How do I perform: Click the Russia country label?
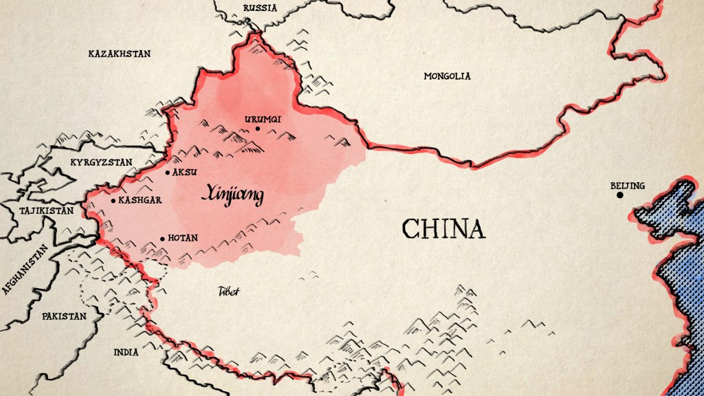260,8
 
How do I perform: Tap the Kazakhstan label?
120,53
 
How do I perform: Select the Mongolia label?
447,76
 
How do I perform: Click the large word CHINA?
443,229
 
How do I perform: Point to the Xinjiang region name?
232,196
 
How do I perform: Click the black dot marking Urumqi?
258,129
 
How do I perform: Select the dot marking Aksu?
168,172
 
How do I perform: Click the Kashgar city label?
140,200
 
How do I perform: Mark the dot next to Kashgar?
113,201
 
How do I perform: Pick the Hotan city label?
183,238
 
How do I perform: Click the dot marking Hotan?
163,239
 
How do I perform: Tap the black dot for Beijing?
619,195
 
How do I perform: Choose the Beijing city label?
627,186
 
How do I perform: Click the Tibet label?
228,291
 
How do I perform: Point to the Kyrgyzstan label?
101,162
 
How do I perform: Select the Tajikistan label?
46,210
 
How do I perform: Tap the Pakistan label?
64,316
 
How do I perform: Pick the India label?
126,352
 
